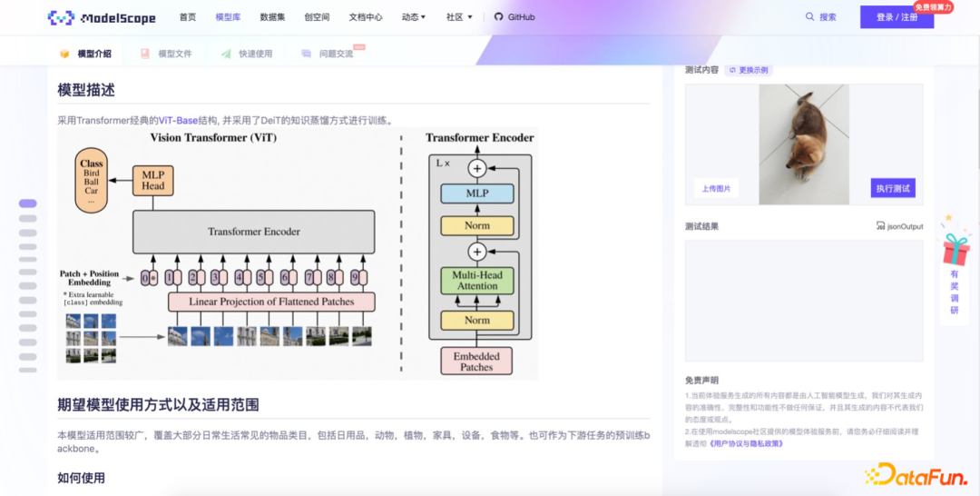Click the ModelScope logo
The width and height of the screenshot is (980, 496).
pos(102,17)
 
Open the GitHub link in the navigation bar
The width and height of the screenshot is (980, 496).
pos(514,17)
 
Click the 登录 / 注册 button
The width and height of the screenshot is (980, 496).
pos(897,17)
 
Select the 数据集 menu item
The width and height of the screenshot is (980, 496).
pos(272,17)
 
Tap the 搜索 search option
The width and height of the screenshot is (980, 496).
pos(820,17)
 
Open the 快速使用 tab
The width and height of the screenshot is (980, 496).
pos(255,54)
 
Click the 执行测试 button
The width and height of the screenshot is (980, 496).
pos(893,188)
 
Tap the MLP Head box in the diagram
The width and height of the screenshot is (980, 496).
pos(152,180)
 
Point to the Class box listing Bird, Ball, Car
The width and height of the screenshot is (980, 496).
pos(92,181)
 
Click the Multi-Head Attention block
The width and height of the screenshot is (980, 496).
pos(477,280)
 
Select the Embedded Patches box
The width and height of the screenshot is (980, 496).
pos(476,362)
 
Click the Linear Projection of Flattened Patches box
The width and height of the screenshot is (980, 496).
pos(271,302)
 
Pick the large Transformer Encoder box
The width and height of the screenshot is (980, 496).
pos(253,232)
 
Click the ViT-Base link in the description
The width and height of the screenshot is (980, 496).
pos(178,120)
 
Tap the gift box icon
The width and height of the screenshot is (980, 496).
pos(955,248)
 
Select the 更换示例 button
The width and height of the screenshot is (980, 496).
pos(749,70)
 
